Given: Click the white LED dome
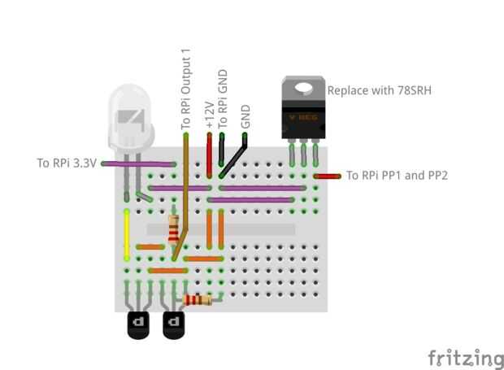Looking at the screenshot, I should tap(130, 118).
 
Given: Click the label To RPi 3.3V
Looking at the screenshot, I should tap(67, 163).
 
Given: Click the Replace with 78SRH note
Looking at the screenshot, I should tap(379, 89).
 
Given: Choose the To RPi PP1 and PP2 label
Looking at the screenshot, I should tap(398, 175).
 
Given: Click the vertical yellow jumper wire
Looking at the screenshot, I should tap(127, 234).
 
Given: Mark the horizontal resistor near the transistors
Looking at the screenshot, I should tap(198, 300).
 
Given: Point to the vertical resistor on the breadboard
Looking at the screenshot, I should tap(173, 230).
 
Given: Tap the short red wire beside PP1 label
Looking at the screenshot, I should tap(328, 176).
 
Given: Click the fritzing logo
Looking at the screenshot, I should tap(466, 358).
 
